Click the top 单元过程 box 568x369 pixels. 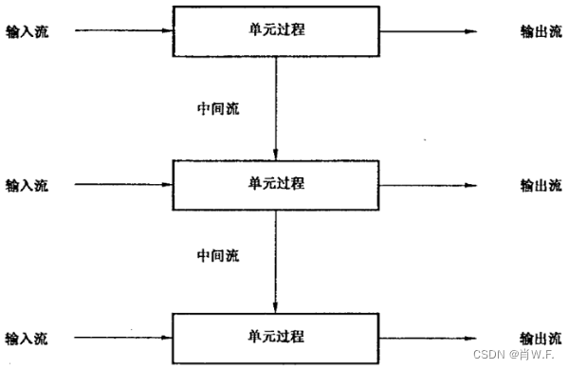click(275, 30)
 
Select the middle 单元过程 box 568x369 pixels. click(275, 184)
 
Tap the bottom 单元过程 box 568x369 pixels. click(275, 338)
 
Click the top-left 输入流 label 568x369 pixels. click(27, 31)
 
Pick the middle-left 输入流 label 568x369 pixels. click(27, 185)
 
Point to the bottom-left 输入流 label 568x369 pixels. click(27, 339)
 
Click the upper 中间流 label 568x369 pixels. click(217, 108)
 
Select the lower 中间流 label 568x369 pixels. click(217, 256)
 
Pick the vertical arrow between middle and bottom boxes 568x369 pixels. click(275, 261)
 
